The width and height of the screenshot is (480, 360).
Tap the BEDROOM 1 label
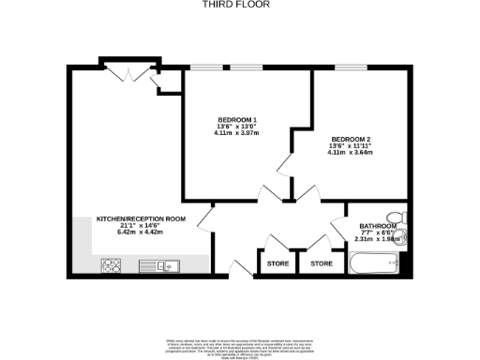[x=237, y=120]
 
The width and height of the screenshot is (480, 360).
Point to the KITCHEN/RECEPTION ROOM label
[x=142, y=218]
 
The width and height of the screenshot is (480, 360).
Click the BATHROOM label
[x=379, y=226]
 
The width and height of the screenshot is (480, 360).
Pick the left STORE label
[x=277, y=264]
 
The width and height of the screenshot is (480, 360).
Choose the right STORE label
[x=322, y=264]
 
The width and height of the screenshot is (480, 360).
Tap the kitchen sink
[x=168, y=266]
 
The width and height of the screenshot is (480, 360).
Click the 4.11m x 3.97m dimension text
[x=237, y=133]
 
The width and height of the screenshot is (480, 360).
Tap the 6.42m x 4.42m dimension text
[x=141, y=232]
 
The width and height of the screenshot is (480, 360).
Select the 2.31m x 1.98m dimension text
[x=379, y=240]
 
